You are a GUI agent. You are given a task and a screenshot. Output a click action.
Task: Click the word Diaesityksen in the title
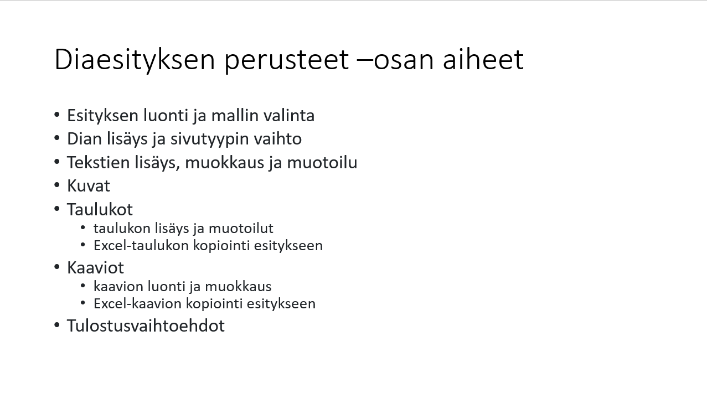[x=135, y=60]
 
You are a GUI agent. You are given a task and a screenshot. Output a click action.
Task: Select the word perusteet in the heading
[x=287, y=60]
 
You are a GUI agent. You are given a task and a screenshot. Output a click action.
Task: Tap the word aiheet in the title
[x=483, y=59]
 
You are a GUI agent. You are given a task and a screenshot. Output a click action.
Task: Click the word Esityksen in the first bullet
[x=103, y=116]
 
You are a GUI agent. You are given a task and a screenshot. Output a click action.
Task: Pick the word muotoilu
[x=322, y=163]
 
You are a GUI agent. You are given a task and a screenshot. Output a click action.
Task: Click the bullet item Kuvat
[x=89, y=186]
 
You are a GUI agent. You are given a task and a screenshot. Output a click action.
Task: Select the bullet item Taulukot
[x=100, y=210]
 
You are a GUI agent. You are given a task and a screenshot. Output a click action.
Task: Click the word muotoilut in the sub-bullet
[x=241, y=229]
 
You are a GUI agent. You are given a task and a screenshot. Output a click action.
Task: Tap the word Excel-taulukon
[x=141, y=246]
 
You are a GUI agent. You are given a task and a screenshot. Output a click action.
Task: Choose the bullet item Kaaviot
[x=95, y=268]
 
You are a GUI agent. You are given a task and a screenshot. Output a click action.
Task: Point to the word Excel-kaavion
[x=138, y=304]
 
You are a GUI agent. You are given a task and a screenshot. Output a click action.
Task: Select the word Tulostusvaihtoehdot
[x=146, y=325]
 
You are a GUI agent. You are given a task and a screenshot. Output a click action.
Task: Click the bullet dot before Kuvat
[x=57, y=185]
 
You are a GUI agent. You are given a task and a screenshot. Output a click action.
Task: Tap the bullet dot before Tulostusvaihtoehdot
[x=57, y=325]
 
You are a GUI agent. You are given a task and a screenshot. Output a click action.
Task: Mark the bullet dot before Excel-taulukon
[x=83, y=245]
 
